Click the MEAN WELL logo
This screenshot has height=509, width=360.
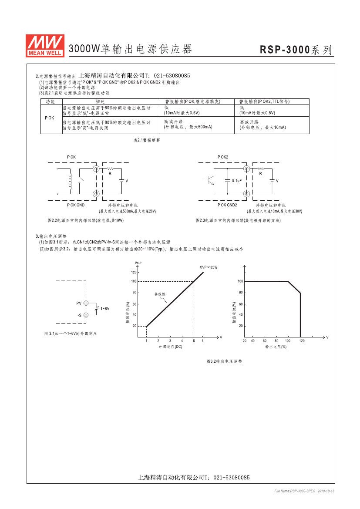click(x=45, y=46)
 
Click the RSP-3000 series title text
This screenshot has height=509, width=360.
click(x=296, y=50)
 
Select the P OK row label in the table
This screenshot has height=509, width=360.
click(x=50, y=118)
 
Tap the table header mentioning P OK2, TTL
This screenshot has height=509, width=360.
click(x=265, y=101)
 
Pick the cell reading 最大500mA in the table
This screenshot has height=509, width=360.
click(x=188, y=127)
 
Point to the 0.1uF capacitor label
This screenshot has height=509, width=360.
click(x=237, y=181)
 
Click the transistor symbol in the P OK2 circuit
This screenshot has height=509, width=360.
click(x=209, y=181)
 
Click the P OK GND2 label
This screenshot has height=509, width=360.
click(x=227, y=205)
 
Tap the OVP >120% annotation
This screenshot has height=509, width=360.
click(x=209, y=267)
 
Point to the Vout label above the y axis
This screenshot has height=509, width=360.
click(x=138, y=263)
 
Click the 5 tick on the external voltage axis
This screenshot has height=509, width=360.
click(x=194, y=341)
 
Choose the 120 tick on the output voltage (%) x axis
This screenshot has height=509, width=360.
click(x=302, y=341)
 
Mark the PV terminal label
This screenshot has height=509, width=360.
click(x=79, y=303)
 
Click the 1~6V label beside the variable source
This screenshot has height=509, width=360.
click(x=105, y=309)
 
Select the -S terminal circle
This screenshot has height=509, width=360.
click(x=86, y=315)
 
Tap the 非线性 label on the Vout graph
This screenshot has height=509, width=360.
click(x=160, y=294)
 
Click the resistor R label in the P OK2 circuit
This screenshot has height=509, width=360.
click(x=260, y=174)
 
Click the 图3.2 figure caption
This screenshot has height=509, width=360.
click(x=224, y=361)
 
